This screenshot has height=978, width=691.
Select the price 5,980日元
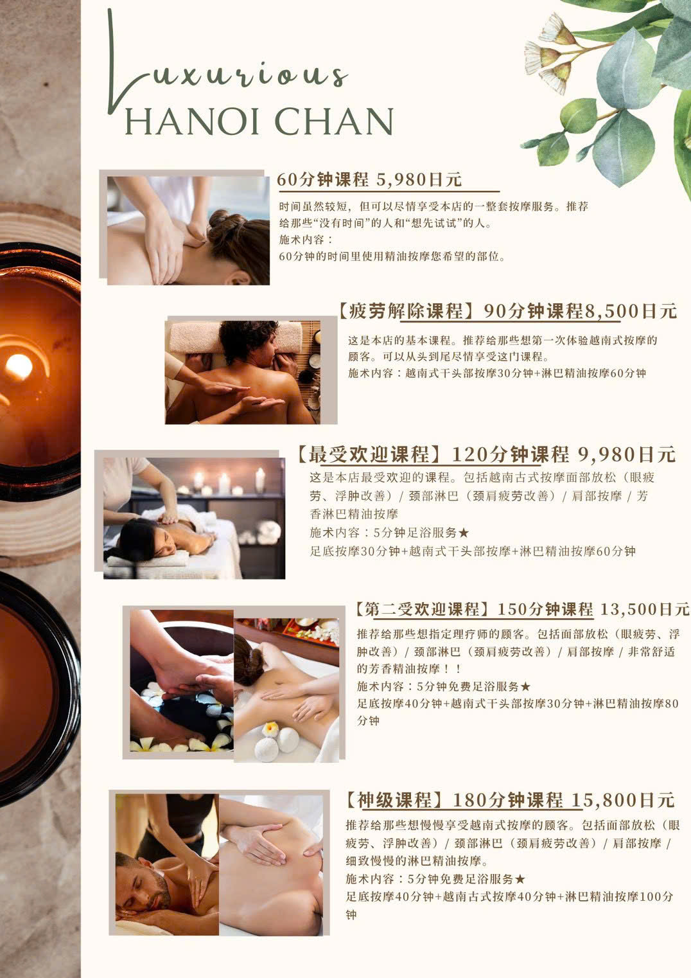tap(419, 179)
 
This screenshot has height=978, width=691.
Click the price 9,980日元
tap(627, 454)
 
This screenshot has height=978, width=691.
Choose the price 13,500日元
tap(645, 609)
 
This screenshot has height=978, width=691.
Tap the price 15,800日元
tap(624, 800)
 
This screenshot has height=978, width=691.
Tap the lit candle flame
tap(19, 366)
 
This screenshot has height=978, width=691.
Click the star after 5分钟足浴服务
tap(464, 533)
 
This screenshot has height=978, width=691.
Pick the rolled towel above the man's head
tap(236, 336)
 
